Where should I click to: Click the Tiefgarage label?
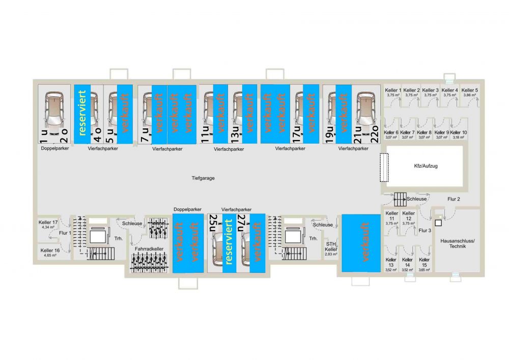point(203,179)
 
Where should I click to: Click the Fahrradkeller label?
point(149,248)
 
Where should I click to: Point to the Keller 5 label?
point(470,90)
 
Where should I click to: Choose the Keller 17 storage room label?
point(49,223)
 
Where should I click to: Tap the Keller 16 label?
point(50,251)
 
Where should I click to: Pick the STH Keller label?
point(331,247)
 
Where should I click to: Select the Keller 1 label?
point(393,90)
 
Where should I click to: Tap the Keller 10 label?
point(459,132)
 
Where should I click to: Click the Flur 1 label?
point(64,233)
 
